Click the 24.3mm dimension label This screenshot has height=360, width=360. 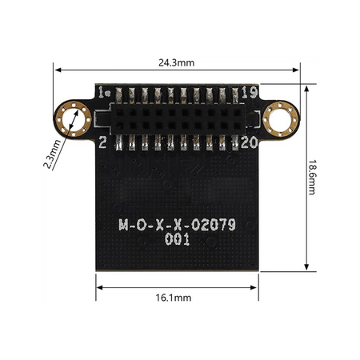tap(176, 63)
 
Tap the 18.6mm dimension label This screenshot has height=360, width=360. tap(312, 178)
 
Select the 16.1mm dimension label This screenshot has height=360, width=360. tap(174, 298)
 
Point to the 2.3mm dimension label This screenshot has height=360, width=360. tap(53, 154)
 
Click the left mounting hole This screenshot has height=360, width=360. tap(73, 119)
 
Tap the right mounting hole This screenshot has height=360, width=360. tap(280, 119)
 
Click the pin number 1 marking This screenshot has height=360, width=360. tap(101, 92)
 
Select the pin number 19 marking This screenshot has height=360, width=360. tap(250, 92)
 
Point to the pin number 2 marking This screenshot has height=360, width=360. tap(102, 142)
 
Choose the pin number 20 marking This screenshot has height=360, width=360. tap(250, 142)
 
